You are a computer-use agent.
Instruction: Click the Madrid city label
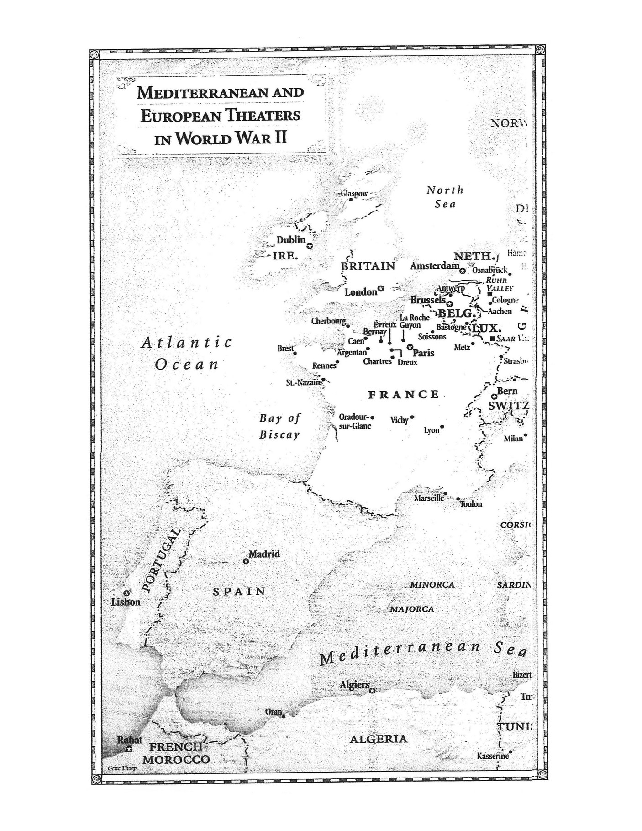click(x=264, y=554)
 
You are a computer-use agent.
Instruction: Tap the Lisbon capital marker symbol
click(x=126, y=593)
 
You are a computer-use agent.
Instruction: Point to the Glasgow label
click(x=354, y=193)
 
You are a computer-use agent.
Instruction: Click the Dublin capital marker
click(x=310, y=246)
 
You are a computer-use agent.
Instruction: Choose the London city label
click(x=360, y=292)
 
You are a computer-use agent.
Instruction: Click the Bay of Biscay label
click(x=279, y=426)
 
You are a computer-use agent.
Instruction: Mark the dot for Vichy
click(x=412, y=417)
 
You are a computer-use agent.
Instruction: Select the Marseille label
click(x=428, y=498)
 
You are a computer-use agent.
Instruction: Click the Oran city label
click(x=273, y=712)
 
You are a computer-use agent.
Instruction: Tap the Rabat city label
click(x=130, y=740)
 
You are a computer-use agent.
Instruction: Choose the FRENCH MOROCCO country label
click(x=176, y=753)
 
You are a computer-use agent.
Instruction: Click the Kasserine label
click(x=492, y=756)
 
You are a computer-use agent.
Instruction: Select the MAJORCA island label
click(x=411, y=609)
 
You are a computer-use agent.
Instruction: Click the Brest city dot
click(x=295, y=353)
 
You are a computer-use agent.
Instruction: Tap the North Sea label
click(x=445, y=197)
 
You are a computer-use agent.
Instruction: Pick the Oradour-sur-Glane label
click(x=354, y=421)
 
